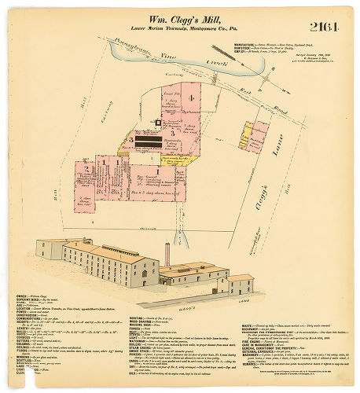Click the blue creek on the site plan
pos(157,62)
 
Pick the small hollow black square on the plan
pos(157,123)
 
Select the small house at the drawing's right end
pos(241,284)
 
